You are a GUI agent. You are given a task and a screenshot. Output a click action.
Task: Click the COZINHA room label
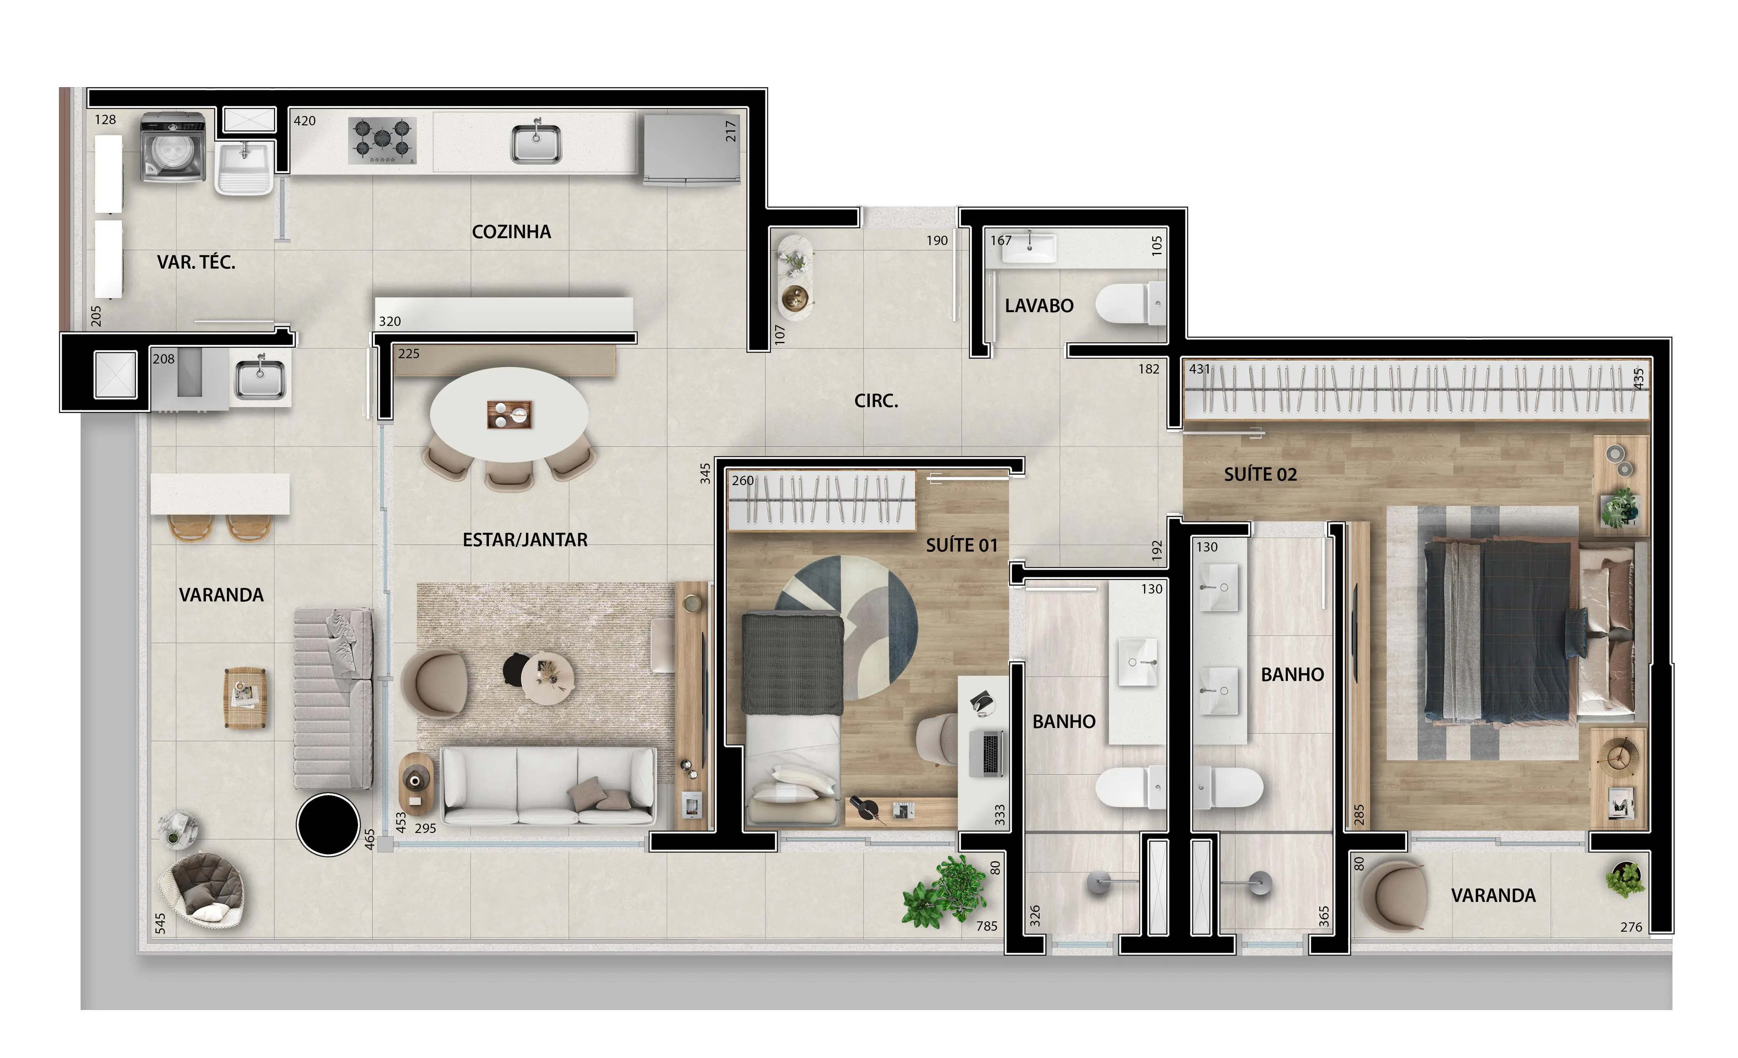(511, 232)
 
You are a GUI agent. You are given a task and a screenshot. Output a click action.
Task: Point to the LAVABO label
(1039, 306)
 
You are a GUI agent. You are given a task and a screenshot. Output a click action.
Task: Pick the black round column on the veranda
(328, 824)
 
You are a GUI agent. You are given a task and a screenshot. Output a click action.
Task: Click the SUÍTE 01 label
(961, 545)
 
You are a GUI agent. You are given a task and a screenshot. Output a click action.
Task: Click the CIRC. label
(876, 401)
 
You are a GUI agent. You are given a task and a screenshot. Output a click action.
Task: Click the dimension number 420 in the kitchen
(305, 121)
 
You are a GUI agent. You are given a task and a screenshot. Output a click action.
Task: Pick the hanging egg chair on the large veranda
(202, 890)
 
